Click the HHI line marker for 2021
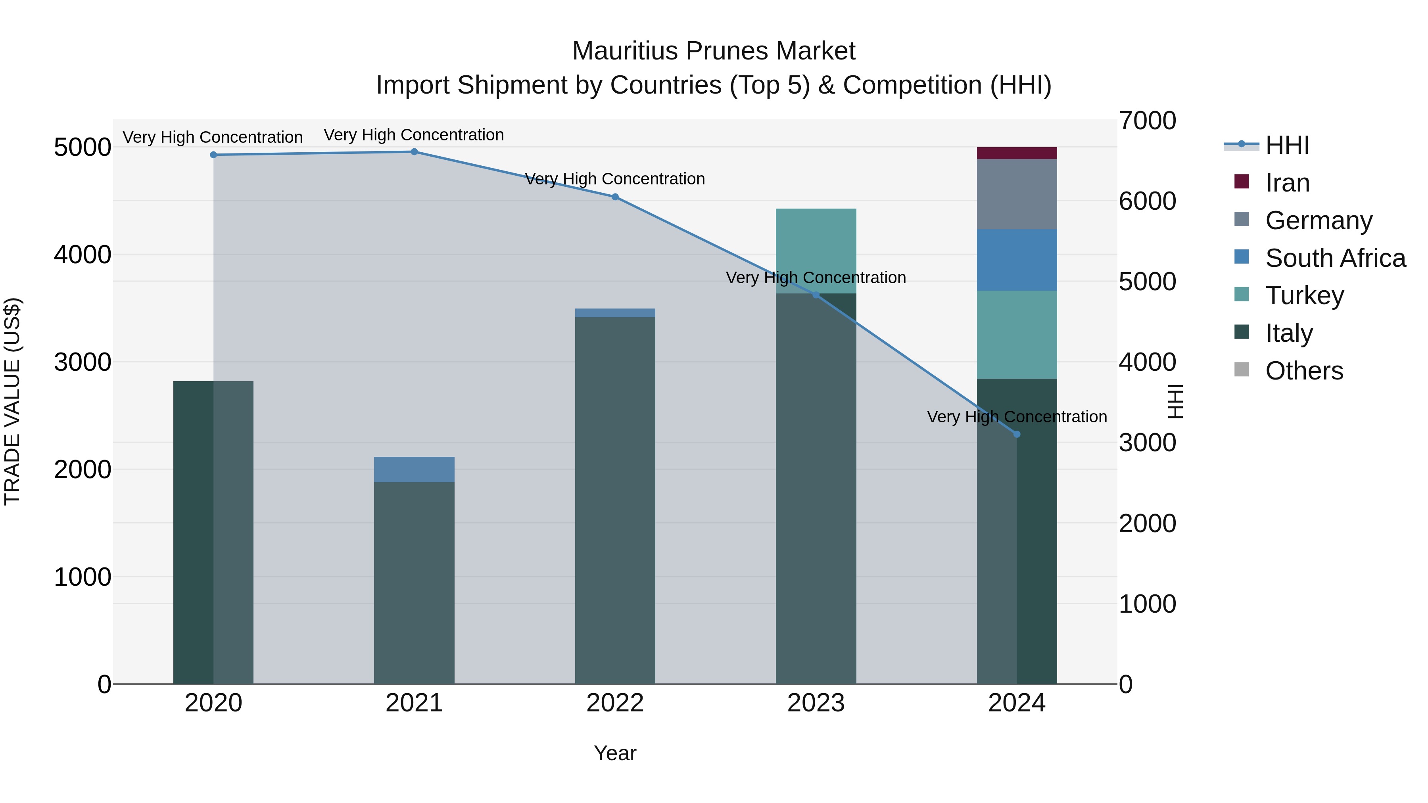(414, 152)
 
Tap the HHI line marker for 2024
(1017, 435)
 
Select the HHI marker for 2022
(615, 197)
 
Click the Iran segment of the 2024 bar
(1017, 153)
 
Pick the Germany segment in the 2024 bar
(1017, 194)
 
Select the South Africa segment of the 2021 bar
(414, 470)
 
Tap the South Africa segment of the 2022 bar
(615, 313)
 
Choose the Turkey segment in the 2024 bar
(1017, 335)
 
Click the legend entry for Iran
(1287, 183)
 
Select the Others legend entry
(1304, 371)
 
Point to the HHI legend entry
(1287, 145)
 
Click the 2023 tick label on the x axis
(816, 703)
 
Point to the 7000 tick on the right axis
(1147, 121)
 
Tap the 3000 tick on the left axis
(82, 362)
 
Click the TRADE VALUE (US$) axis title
(12, 401)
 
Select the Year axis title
(615, 753)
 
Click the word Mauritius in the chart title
(626, 51)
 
